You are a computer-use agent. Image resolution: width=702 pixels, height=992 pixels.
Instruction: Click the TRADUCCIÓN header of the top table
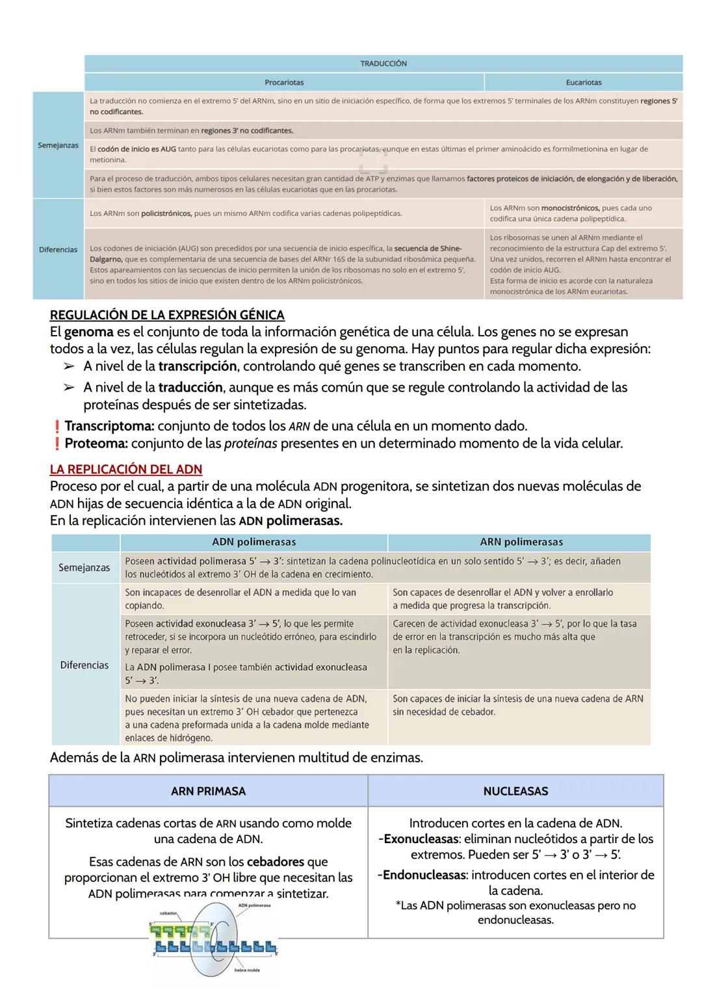click(x=383, y=64)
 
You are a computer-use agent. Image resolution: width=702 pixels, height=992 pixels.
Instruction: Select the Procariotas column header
click(x=284, y=83)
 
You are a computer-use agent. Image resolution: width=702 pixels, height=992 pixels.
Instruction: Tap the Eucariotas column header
click(x=583, y=83)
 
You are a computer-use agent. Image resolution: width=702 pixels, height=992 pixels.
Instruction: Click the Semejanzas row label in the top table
click(x=58, y=145)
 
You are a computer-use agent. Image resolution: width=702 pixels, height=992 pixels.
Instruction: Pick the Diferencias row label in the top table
click(x=58, y=249)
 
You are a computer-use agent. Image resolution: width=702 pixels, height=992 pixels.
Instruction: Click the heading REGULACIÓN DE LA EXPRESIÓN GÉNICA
click(x=167, y=315)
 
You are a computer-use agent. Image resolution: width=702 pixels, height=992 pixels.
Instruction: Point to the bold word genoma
click(x=88, y=332)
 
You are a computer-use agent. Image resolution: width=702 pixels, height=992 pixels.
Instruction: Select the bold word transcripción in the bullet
click(x=197, y=366)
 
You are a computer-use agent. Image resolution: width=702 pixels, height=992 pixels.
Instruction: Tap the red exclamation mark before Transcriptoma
click(x=57, y=427)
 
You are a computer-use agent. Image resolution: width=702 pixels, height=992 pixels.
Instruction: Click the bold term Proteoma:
click(x=96, y=444)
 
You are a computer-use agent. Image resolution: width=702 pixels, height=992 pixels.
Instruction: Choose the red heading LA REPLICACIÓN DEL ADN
click(x=126, y=470)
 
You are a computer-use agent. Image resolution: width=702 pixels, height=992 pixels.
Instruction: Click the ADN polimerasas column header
click(x=253, y=542)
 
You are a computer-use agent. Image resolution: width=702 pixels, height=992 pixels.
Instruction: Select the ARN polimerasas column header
click(x=521, y=542)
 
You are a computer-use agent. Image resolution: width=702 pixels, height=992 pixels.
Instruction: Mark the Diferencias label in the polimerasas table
click(x=84, y=665)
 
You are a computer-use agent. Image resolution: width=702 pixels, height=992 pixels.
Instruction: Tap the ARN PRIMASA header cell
click(x=208, y=791)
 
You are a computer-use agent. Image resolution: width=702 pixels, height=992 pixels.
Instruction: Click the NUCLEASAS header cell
click(x=515, y=791)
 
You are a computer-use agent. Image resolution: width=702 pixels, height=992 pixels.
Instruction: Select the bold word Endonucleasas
click(x=424, y=875)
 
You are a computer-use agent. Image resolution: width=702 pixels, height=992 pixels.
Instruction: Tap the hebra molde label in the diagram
click(x=247, y=970)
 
